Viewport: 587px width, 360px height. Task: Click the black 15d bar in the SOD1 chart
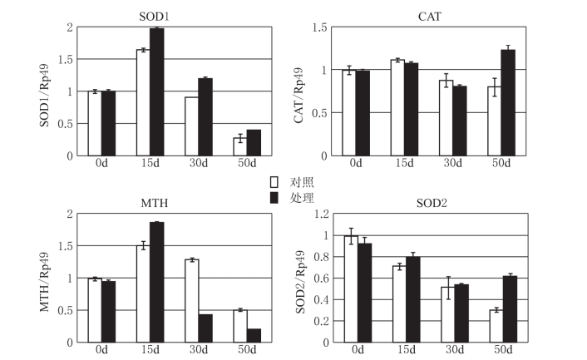(x=156, y=91)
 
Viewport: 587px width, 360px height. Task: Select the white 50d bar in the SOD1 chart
(x=239, y=146)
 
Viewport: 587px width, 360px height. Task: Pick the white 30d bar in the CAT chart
(x=446, y=118)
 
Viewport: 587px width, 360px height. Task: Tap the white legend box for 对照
(x=274, y=182)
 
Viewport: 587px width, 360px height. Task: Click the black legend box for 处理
(x=274, y=197)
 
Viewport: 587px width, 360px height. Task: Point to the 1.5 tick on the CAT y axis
(x=318, y=27)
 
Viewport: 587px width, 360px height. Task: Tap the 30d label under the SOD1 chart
(x=199, y=164)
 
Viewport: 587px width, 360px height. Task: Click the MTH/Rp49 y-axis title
(x=47, y=279)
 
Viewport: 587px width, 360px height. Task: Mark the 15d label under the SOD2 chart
(x=405, y=351)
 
